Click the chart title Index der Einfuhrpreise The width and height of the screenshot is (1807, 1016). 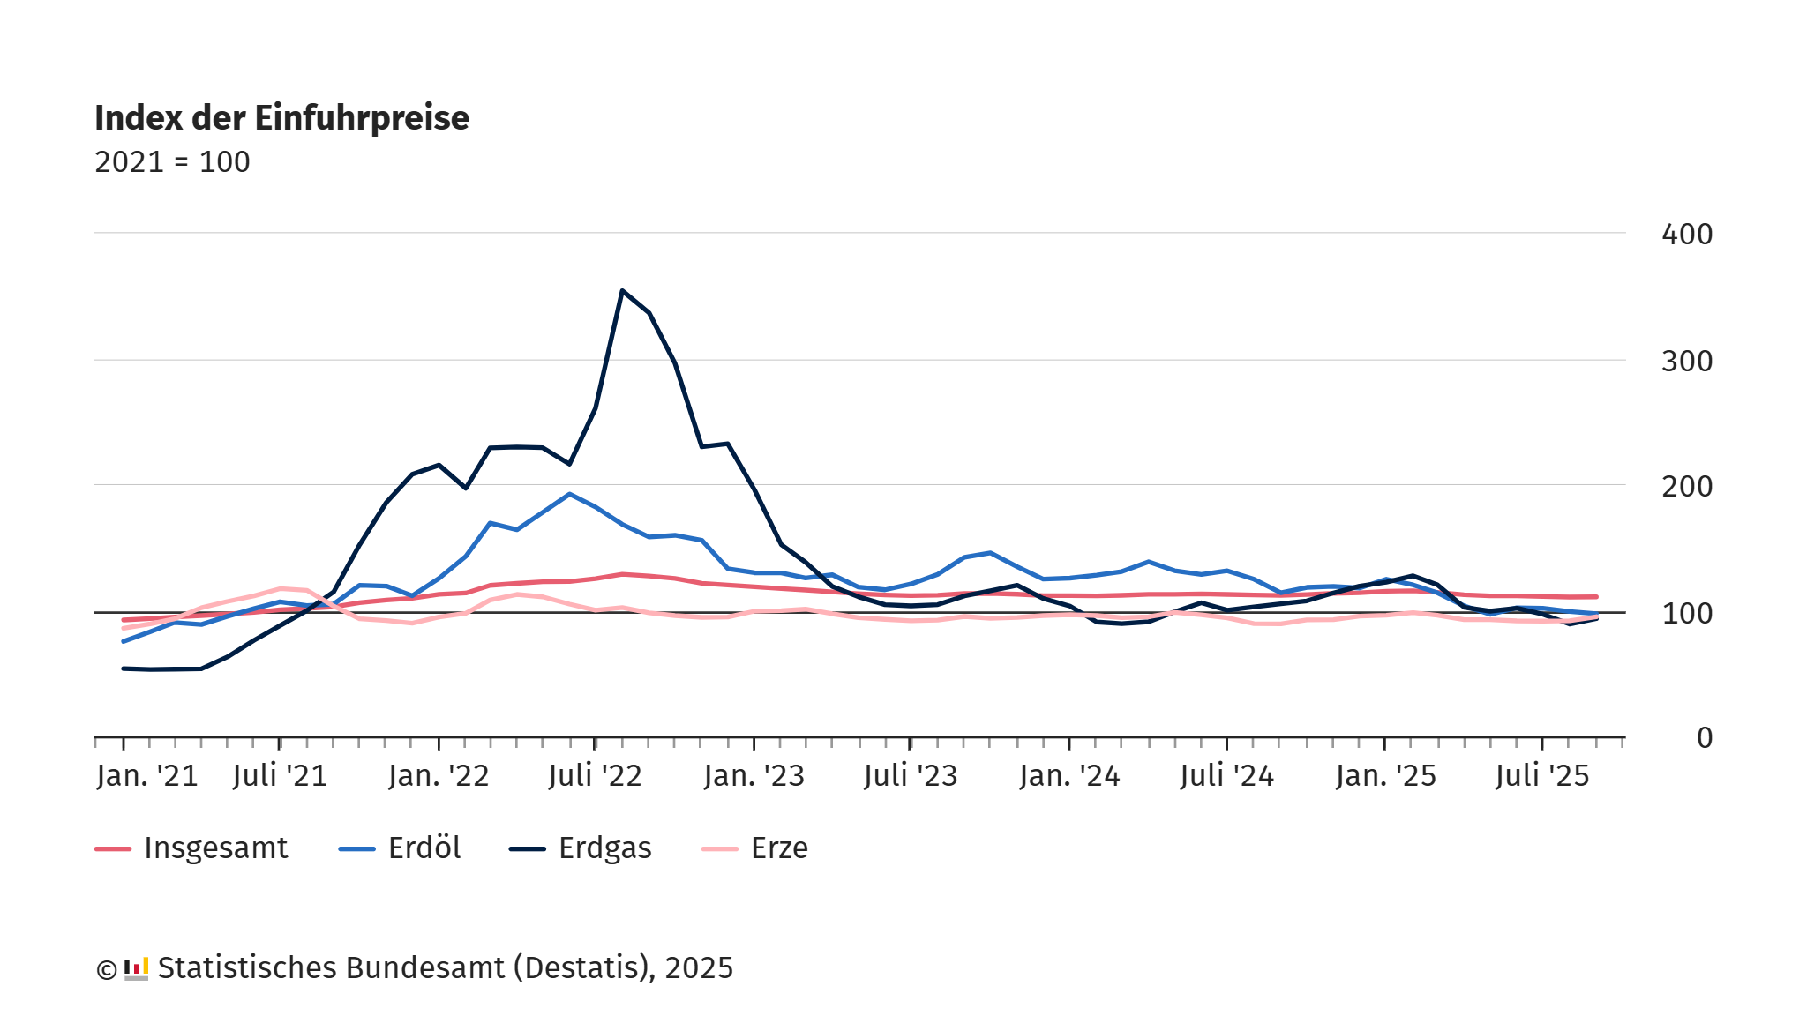tap(281, 118)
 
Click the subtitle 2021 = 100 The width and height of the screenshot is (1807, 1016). tap(172, 162)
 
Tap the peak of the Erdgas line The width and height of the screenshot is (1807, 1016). tap(622, 291)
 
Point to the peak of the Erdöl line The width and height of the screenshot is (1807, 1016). tap(569, 494)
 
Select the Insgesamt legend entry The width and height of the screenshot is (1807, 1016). tap(191, 848)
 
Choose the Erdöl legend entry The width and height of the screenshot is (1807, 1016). tap(400, 848)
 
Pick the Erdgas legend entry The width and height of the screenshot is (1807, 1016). tap(581, 848)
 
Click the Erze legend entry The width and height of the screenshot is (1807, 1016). tap(755, 848)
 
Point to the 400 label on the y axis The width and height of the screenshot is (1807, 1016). tap(1686, 235)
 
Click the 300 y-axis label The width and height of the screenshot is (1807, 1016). tap(1686, 362)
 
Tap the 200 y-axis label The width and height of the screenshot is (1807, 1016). tap(1686, 487)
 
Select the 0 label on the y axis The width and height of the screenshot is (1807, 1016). tap(1704, 738)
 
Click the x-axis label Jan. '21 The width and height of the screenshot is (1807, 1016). tap(147, 776)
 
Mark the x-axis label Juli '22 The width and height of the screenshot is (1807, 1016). tap(595, 776)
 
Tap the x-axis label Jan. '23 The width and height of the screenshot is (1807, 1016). tap(754, 776)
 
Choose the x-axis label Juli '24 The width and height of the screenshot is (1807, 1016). tap(1226, 776)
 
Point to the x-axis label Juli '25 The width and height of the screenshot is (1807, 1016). tap(1542, 776)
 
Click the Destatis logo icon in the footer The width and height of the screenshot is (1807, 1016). tap(136, 968)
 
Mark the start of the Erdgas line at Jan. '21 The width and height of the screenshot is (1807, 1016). tap(124, 669)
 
